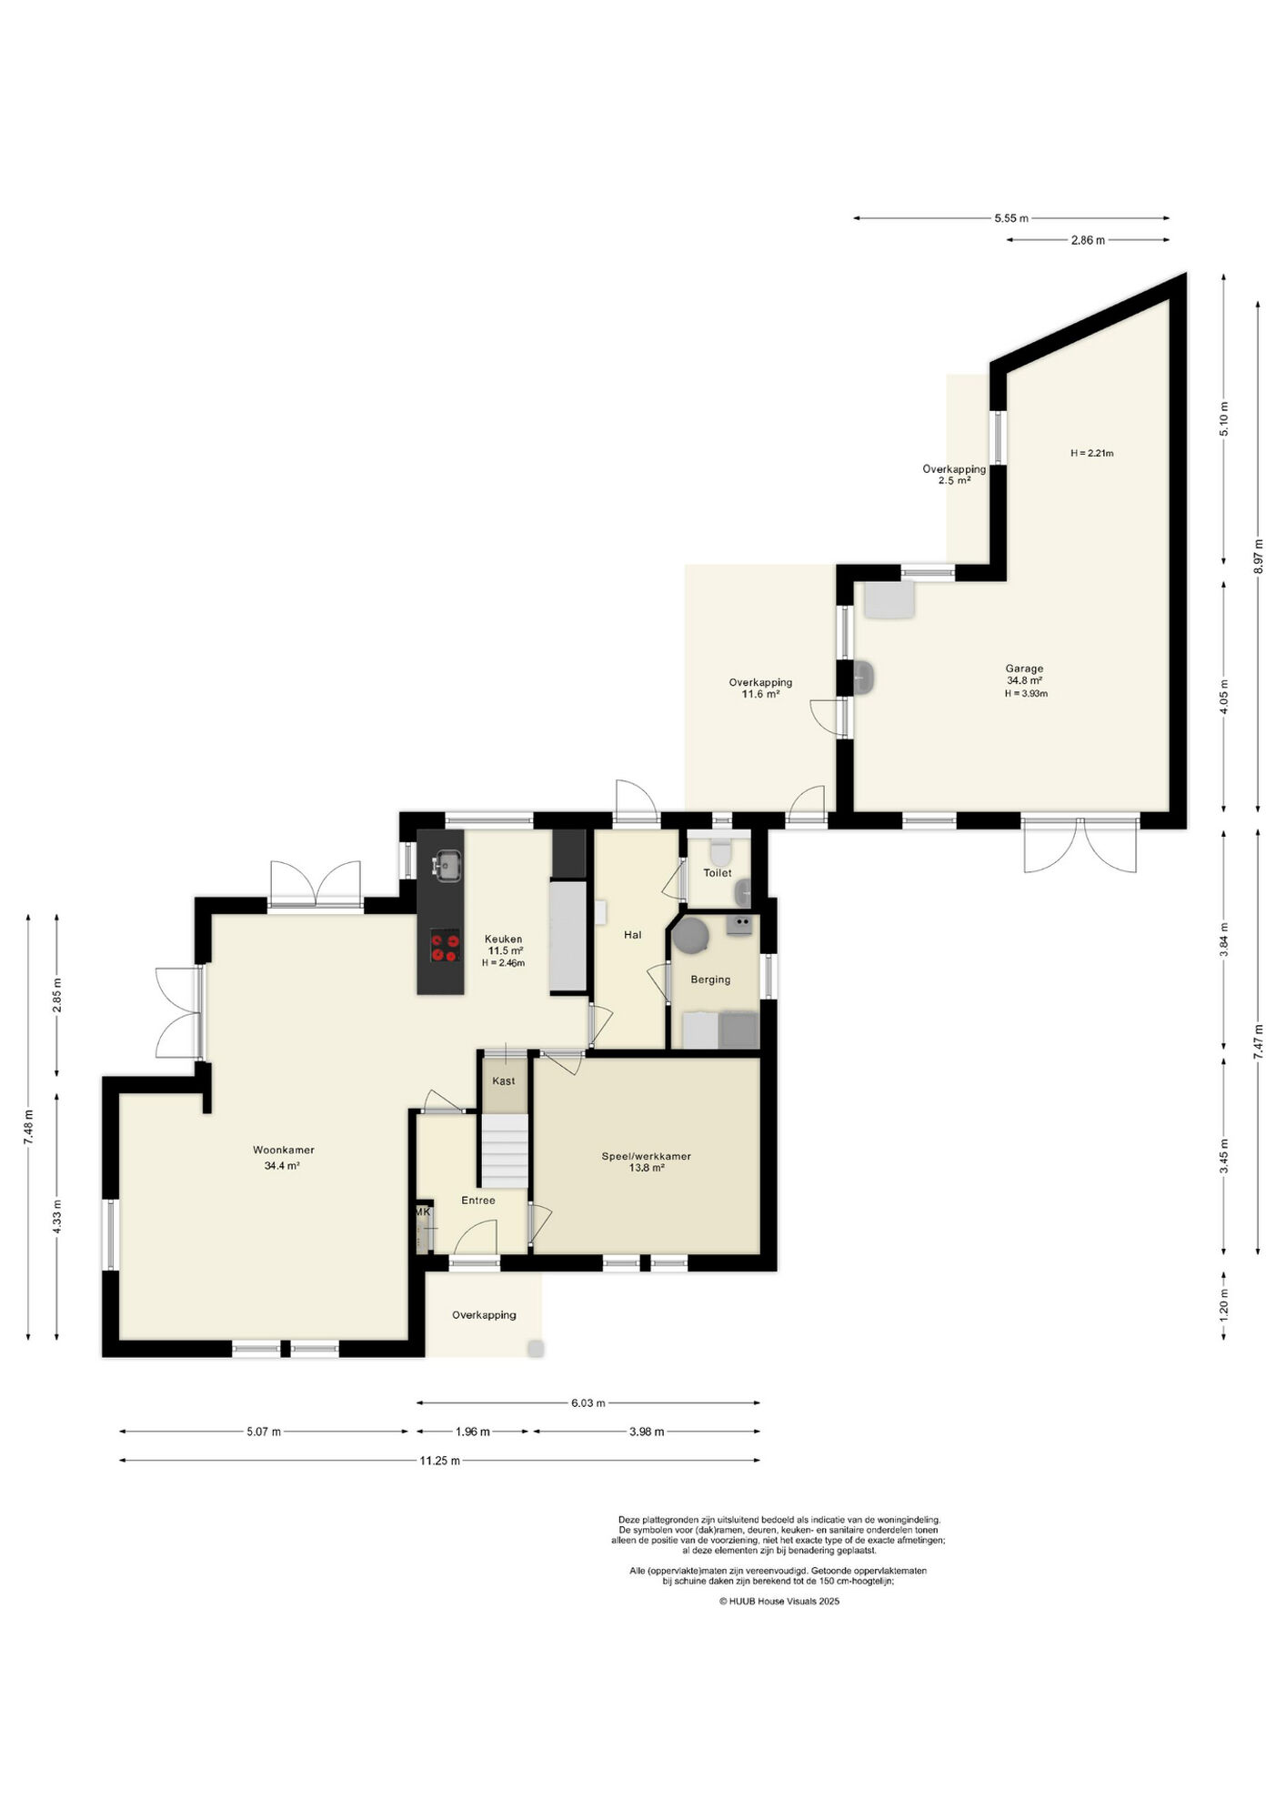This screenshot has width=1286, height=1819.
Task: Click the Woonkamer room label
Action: point(284,1151)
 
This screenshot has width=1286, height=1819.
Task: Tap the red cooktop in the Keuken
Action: point(445,946)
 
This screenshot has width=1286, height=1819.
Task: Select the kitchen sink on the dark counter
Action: point(447,865)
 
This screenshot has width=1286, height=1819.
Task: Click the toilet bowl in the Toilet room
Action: point(720,852)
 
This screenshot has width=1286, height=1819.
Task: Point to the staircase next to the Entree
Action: point(504,1151)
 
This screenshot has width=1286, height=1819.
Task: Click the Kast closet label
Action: point(503,1081)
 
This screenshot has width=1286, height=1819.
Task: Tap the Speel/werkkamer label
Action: point(646,1157)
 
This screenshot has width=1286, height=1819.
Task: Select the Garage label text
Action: point(1024,668)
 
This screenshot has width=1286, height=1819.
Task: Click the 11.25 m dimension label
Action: point(439,1461)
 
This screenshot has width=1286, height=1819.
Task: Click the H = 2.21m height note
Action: point(1091,453)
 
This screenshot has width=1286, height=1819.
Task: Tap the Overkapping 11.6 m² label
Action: point(760,688)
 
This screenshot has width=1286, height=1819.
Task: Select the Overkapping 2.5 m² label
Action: point(954,475)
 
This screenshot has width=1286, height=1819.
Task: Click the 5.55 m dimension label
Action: point(1011,218)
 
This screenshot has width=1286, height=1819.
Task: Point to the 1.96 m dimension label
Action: point(472,1432)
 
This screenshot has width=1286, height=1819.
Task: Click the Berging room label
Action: point(710,980)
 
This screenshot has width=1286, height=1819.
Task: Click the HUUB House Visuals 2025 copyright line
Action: point(779,1602)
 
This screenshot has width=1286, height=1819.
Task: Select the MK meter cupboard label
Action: point(423,1212)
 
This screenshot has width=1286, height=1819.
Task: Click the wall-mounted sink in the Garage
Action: point(865,678)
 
